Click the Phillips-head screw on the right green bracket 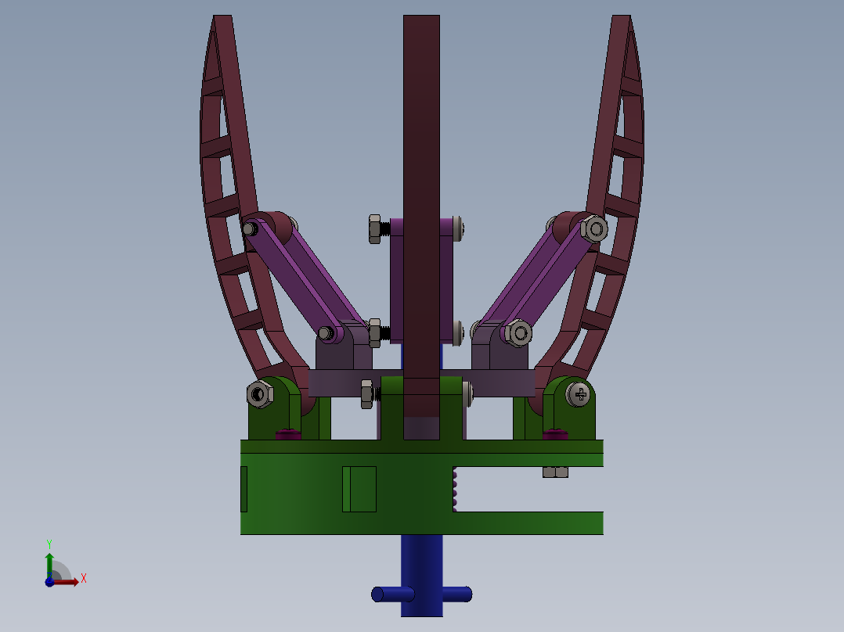coord(578,394)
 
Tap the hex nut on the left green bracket coord(260,393)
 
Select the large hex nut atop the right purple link coord(594,229)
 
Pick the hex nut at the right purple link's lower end coord(518,333)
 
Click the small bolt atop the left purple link coord(250,230)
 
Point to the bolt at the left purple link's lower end coord(325,333)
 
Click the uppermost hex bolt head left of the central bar coord(375,229)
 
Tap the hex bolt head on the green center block coord(367,394)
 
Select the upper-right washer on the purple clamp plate coord(458,228)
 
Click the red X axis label coord(84,579)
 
